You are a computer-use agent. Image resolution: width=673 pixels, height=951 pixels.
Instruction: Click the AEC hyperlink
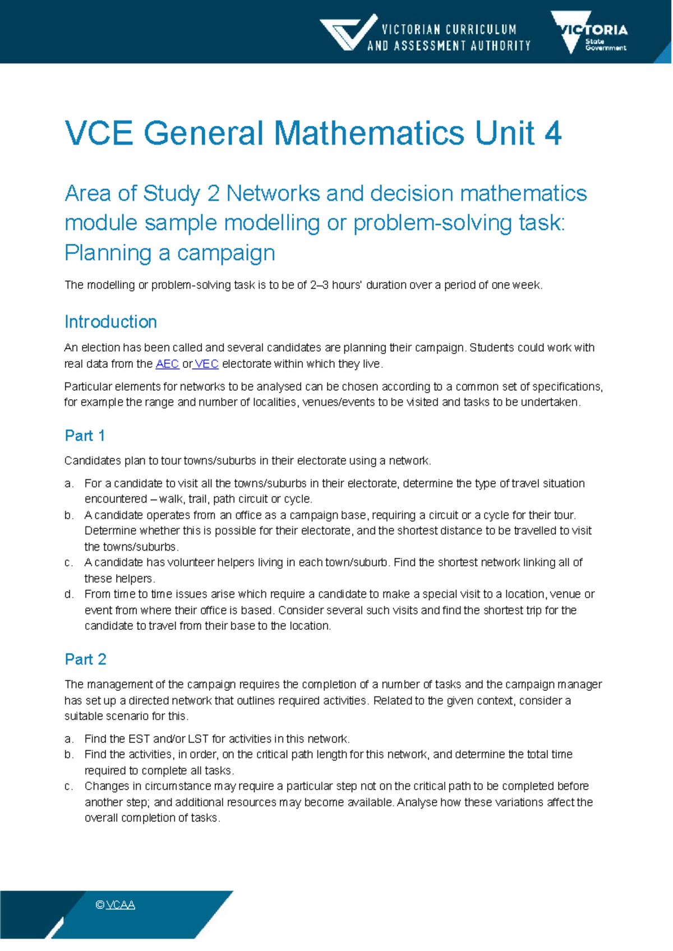point(167,364)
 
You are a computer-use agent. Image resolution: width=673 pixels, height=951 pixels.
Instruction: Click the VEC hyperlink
point(206,364)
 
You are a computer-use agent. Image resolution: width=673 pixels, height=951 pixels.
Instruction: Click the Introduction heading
point(110,322)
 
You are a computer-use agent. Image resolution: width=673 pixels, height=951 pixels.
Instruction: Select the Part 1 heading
point(85,436)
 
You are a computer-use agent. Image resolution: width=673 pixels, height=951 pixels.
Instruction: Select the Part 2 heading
point(85,659)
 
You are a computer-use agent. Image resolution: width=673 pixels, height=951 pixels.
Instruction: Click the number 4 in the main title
point(552,133)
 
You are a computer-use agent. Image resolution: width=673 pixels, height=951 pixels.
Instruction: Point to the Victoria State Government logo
point(589,33)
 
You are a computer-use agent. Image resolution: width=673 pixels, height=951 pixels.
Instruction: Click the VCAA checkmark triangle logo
point(348,33)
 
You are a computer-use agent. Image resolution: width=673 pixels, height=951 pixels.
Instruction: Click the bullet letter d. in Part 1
point(69,594)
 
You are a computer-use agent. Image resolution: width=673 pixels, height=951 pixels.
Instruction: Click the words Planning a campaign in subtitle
point(169,253)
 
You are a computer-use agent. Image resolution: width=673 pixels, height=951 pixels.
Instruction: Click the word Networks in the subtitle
point(273,193)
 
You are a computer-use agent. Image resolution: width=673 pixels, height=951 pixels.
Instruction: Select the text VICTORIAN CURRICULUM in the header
point(449,29)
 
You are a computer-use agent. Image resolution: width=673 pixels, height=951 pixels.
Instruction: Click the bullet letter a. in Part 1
point(69,483)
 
